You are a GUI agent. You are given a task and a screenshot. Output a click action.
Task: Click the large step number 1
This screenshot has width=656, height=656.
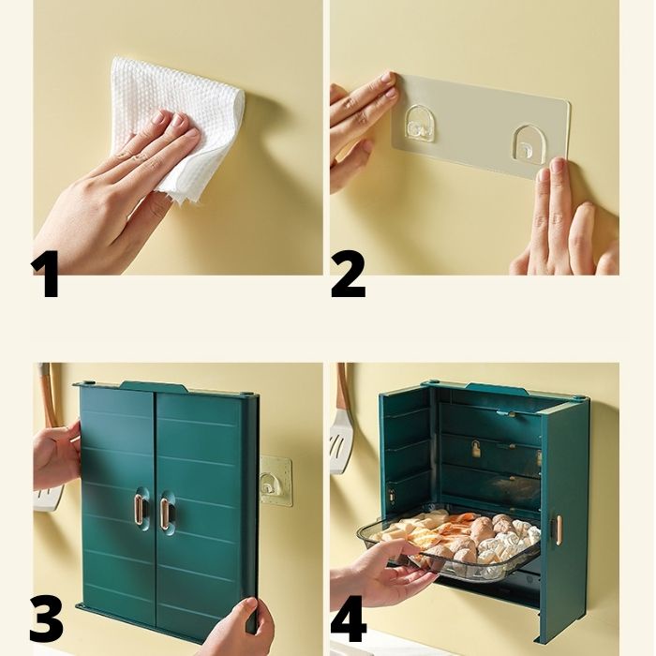click(45, 274)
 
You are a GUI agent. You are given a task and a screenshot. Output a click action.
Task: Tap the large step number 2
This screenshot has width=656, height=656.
click(348, 274)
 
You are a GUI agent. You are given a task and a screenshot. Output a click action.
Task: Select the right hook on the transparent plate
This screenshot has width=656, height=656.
click(527, 144)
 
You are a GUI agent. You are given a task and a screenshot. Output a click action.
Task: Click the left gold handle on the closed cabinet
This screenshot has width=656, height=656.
click(139, 508)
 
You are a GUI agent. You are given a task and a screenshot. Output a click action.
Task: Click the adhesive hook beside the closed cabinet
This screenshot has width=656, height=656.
click(275, 480)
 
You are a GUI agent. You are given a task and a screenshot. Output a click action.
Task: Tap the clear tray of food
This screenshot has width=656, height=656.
click(449, 544)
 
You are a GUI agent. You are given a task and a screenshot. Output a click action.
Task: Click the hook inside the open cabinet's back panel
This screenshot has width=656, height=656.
click(477, 448)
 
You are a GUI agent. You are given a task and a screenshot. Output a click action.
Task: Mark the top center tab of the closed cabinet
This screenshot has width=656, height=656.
click(154, 386)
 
